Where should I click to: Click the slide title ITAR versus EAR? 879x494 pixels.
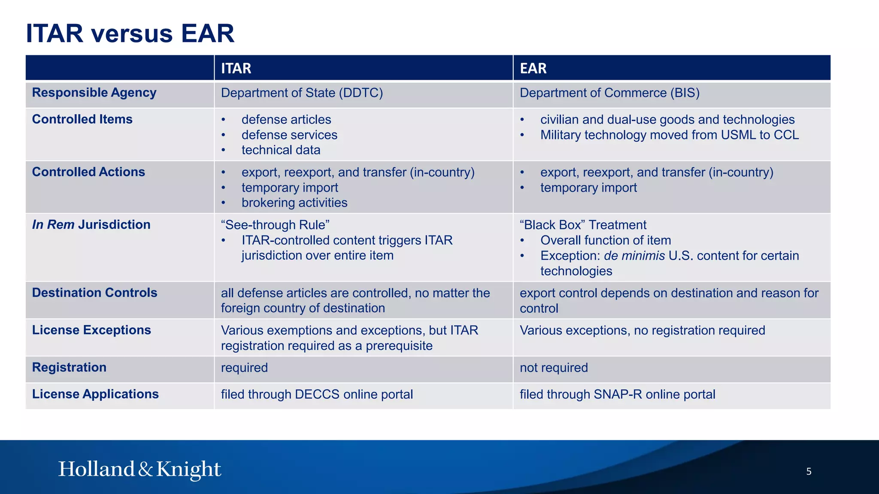[x=130, y=33]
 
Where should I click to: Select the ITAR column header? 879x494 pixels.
[x=236, y=68]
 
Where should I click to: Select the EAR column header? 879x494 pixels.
[x=533, y=68]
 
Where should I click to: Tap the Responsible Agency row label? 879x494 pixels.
[x=94, y=93]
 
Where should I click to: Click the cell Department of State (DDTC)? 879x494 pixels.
[x=302, y=93]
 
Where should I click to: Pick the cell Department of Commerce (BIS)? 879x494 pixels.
[x=609, y=93]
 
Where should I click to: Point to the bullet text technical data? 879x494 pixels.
[x=281, y=150]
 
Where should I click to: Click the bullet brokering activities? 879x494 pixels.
[x=294, y=203]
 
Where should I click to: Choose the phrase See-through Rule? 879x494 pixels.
[x=275, y=225]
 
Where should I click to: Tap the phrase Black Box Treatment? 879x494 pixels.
[x=583, y=225]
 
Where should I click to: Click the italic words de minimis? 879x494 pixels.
[x=634, y=256]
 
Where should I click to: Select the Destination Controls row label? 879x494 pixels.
[x=94, y=293]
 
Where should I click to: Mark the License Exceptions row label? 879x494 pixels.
[x=91, y=330]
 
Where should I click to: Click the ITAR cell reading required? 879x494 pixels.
[x=244, y=368]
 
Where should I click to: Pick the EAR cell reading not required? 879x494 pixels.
[x=554, y=368]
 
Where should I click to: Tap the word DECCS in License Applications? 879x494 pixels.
[x=317, y=395]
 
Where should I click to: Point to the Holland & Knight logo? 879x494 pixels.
[x=139, y=469]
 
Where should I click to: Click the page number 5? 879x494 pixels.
[x=809, y=472]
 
